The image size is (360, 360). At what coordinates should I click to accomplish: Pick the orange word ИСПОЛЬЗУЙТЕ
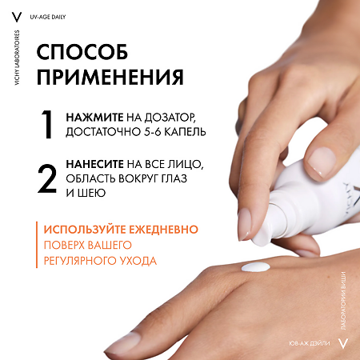tap(90, 230)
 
